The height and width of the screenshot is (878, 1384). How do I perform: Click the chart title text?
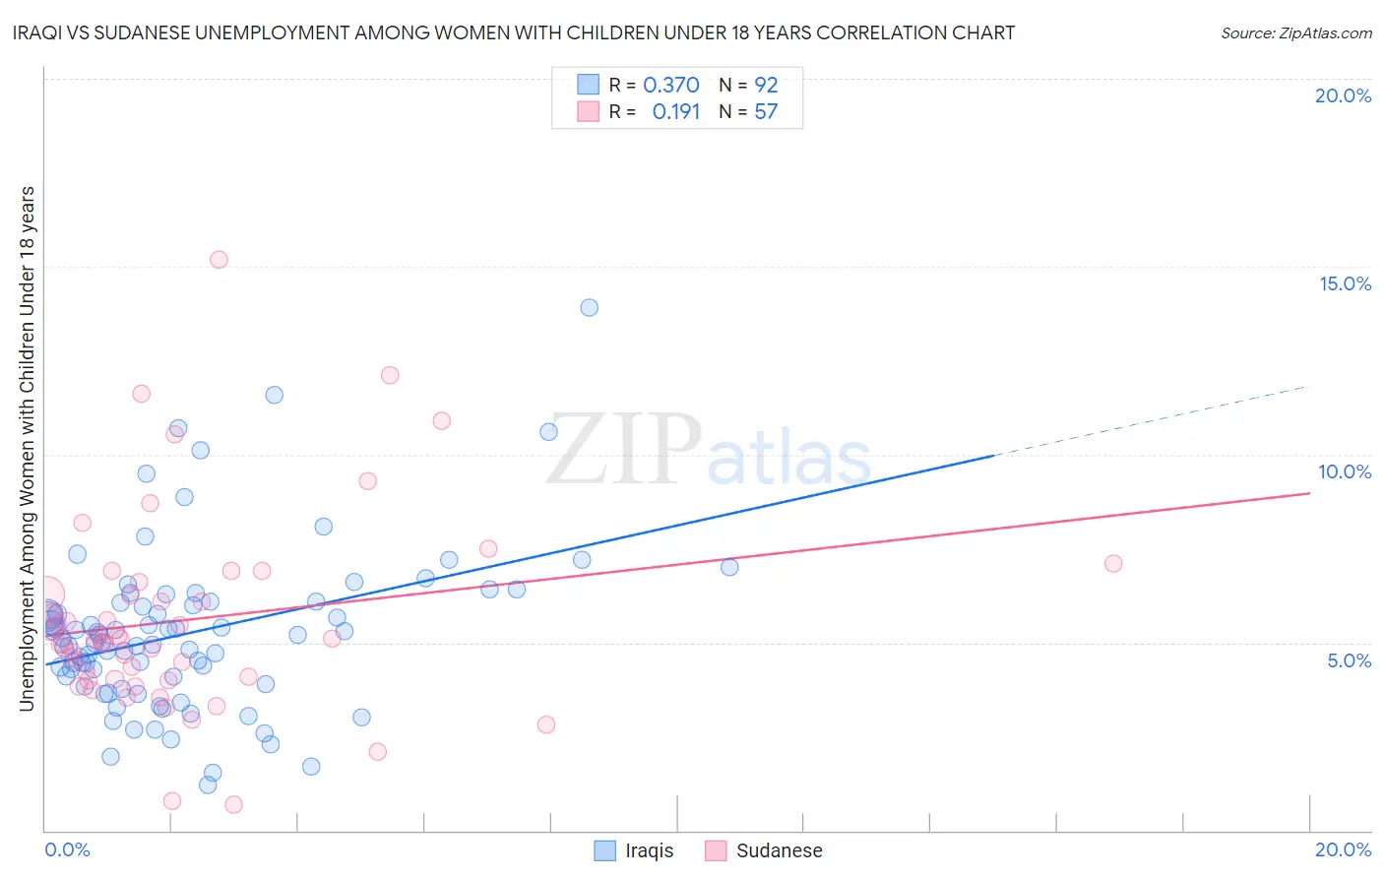513,32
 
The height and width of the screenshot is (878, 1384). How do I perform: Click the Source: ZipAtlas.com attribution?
1295,32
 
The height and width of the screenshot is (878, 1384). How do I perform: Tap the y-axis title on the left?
27,449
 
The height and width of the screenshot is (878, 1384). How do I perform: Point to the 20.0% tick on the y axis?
1343,95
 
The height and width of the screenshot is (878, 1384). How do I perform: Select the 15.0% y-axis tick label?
1345,283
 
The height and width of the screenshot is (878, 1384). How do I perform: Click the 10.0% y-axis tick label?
1345,471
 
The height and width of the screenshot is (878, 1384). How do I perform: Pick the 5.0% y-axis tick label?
1349,660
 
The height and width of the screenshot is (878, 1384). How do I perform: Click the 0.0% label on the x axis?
67,849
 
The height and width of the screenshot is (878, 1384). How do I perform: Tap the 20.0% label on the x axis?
1343,849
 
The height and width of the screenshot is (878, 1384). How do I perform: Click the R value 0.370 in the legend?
670,86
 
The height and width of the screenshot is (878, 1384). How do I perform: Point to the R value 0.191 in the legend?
675,112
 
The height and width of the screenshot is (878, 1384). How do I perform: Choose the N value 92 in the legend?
766,86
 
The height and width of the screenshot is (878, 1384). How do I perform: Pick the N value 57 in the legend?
766,112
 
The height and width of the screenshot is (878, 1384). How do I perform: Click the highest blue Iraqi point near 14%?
589,307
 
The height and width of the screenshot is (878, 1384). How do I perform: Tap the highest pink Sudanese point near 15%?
219,260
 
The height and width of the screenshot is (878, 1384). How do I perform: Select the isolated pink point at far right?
1113,563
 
